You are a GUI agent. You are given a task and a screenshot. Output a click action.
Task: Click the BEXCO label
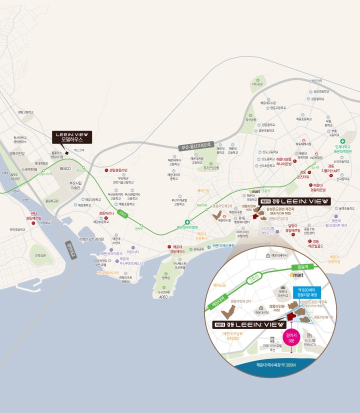pyautogui.click(x=65, y=169)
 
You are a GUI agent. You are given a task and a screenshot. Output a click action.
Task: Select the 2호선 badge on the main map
pyautogui.click(x=122, y=212)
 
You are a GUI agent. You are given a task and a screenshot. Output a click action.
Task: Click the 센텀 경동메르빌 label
pyautogui.click(x=33, y=216)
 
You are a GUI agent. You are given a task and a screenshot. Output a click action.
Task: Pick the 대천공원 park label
pyautogui.click(x=257, y=84)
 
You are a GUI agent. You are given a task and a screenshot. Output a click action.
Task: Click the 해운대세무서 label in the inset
pyautogui.click(x=275, y=255)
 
